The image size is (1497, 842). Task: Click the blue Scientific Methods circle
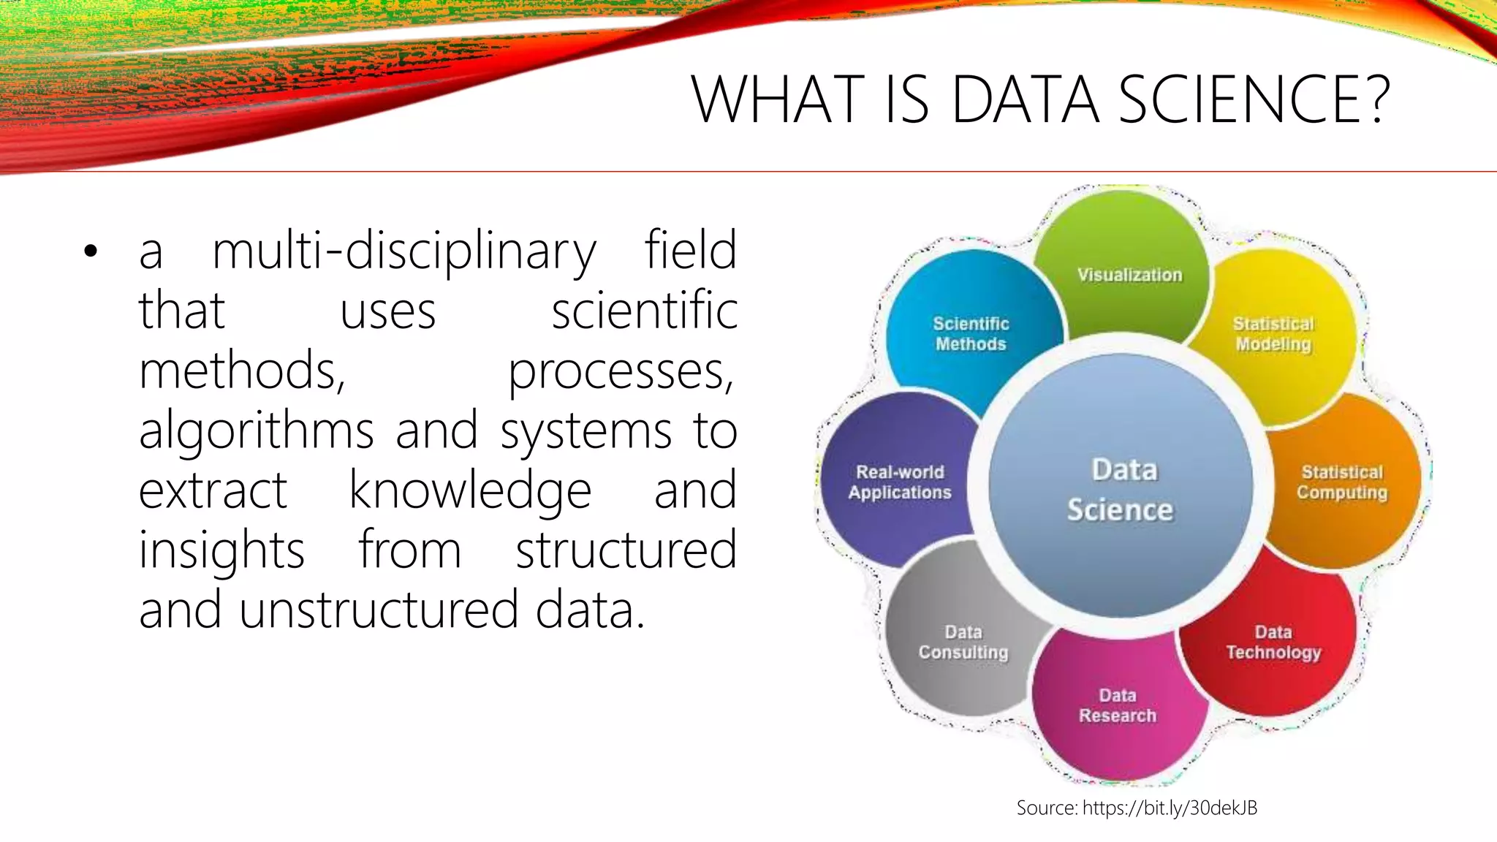click(970, 334)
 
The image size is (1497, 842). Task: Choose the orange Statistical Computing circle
click(1342, 482)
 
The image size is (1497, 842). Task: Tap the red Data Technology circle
click(1273, 642)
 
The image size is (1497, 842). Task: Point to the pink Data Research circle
click(1118, 705)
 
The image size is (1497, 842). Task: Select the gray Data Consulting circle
click(963, 642)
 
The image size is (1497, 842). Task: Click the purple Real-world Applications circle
click(900, 482)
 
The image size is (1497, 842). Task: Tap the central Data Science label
click(1121, 490)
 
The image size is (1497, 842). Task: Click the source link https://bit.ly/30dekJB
click(1170, 808)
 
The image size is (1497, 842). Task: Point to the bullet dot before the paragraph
click(91, 251)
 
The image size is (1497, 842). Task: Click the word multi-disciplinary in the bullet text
click(403, 251)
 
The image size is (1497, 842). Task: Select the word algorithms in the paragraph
click(256, 431)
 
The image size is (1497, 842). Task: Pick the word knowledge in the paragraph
click(470, 490)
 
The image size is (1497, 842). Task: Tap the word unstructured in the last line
click(378, 610)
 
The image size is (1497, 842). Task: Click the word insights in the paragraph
click(221, 550)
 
